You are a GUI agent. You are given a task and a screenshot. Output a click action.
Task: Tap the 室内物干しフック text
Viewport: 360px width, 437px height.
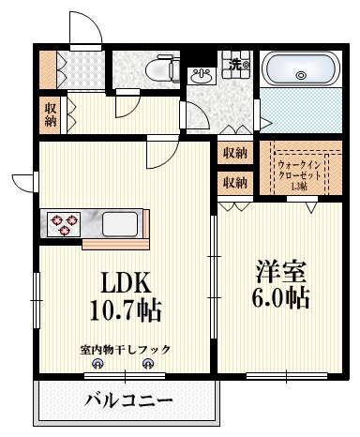[x=125, y=350]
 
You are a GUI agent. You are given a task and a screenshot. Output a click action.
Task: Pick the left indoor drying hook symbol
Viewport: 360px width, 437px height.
[x=99, y=366]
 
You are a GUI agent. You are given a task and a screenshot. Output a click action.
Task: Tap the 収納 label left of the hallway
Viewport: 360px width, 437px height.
[x=50, y=114]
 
